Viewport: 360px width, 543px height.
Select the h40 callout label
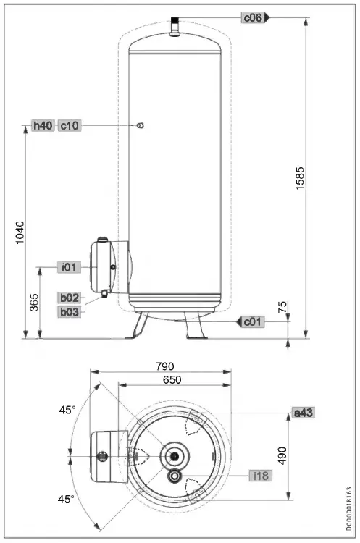43,126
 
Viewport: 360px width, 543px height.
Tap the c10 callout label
70,126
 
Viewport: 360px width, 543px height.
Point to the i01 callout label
70,267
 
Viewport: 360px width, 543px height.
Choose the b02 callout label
70,298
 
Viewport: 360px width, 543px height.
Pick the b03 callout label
70,311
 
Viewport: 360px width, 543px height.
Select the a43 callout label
302,413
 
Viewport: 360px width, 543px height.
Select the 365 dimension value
33,303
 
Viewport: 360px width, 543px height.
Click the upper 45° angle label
67,410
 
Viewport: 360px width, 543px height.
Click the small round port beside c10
140,126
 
